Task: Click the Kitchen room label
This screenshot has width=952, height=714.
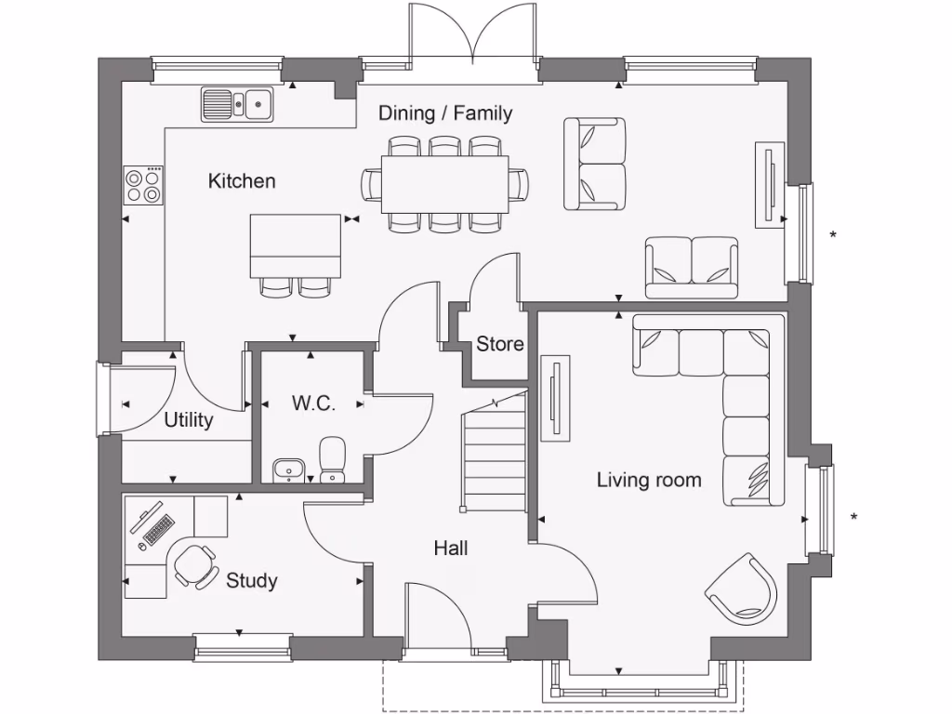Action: (x=242, y=180)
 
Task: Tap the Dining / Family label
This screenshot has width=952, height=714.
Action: (x=445, y=113)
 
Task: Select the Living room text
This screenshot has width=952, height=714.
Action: (x=649, y=480)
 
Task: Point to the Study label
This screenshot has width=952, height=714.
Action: (x=252, y=581)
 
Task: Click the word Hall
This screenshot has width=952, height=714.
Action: (x=451, y=549)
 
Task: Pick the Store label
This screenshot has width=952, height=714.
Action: (x=500, y=344)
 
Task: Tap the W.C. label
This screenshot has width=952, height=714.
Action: (x=313, y=403)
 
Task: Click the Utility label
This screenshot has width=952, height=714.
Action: (x=189, y=419)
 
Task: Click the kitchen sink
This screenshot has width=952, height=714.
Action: (x=237, y=104)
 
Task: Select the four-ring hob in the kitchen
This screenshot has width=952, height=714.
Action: (x=144, y=184)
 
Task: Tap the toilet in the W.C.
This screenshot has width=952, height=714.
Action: (x=332, y=460)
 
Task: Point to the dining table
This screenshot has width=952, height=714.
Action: (x=445, y=183)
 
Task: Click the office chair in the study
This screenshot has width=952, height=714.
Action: (x=196, y=564)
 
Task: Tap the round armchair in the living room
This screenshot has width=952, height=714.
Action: (x=743, y=588)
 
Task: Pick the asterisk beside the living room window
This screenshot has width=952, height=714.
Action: (x=853, y=517)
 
